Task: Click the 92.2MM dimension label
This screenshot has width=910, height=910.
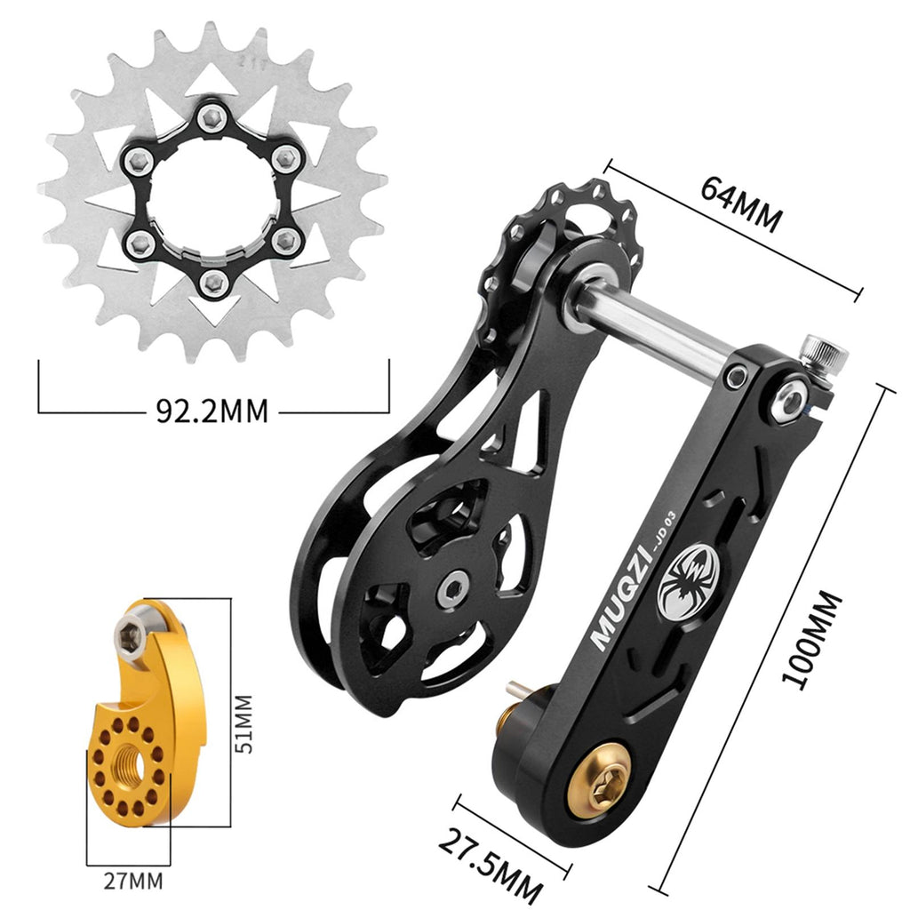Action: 212,411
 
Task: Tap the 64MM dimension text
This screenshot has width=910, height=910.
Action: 740,204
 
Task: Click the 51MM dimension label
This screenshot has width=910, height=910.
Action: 244,723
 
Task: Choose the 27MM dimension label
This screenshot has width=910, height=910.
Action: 133,882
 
